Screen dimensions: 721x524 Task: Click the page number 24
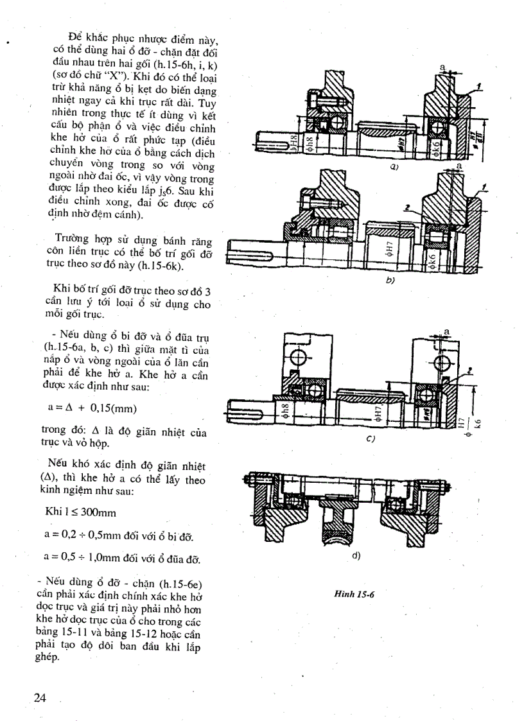pos(42,697)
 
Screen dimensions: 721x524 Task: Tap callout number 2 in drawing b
pos(407,208)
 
